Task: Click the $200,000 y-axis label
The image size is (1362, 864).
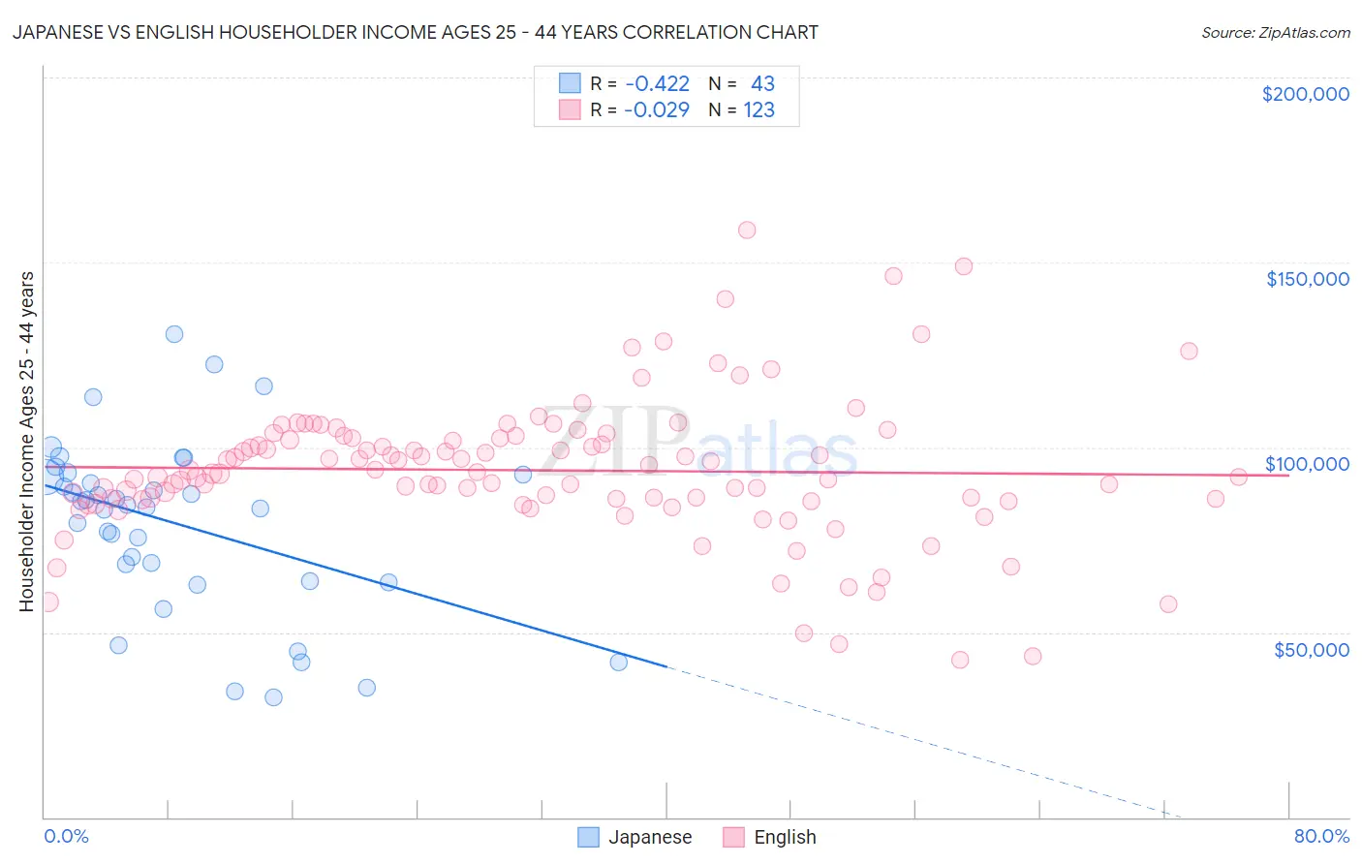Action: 1305,94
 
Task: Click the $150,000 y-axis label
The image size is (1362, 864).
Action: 1307,279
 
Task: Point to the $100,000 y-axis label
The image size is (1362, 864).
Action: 1307,464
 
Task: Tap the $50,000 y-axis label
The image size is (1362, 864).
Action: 1311,649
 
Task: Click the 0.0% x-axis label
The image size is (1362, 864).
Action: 66,836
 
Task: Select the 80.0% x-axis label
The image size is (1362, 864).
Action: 1321,836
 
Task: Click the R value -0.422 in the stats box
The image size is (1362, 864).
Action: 657,83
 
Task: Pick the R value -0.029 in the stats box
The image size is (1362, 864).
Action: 657,109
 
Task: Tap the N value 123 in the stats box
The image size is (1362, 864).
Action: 758,109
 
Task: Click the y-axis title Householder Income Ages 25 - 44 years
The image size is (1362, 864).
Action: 26,442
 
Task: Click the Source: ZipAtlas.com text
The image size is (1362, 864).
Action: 1275,32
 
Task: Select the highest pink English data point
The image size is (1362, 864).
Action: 747,230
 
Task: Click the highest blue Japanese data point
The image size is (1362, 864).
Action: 174,334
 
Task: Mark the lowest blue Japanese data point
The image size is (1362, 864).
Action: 273,697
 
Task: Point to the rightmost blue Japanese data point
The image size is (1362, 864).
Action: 618,663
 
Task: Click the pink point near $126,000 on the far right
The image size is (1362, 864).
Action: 1189,351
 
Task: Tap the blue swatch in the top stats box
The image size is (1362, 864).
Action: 570,83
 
